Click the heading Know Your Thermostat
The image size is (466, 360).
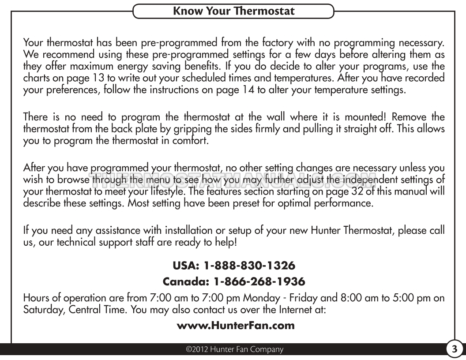click(233, 11)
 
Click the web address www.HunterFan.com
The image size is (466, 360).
click(233, 326)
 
